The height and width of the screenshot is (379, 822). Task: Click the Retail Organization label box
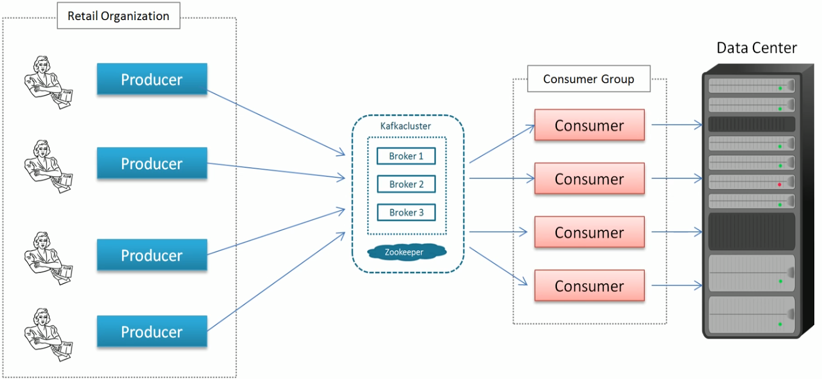click(118, 16)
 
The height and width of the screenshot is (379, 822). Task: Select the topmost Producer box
click(152, 79)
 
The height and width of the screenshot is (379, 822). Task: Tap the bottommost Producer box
click(152, 332)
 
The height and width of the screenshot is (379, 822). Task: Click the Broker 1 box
click(406, 156)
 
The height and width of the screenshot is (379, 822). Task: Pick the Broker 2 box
click(406, 184)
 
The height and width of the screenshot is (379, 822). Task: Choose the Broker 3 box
click(406, 212)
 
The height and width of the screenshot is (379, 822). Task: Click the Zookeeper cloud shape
click(406, 252)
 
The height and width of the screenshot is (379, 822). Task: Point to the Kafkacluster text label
click(405, 126)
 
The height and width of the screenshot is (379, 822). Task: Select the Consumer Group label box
click(588, 79)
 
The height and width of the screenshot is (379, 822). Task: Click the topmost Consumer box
click(589, 125)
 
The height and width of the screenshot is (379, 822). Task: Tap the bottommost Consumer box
click(589, 285)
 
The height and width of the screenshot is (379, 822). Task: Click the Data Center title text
click(756, 48)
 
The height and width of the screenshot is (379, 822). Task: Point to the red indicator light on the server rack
click(779, 184)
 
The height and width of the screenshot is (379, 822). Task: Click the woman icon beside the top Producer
click(48, 82)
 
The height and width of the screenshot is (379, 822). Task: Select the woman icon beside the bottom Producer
click(48, 334)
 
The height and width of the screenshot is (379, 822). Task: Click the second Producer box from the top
click(152, 164)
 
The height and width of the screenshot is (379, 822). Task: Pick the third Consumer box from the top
click(589, 232)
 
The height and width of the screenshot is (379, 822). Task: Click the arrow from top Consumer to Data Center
click(676, 125)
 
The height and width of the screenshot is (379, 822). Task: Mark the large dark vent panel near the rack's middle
click(751, 231)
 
